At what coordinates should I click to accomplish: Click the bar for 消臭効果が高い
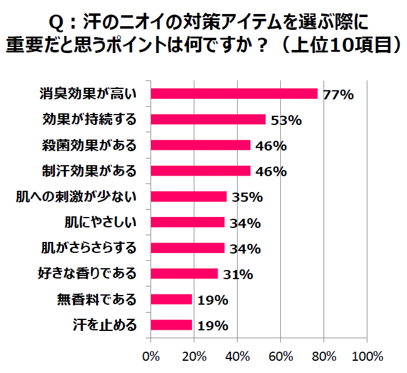click(x=234, y=94)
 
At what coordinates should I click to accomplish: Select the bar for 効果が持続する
click(x=208, y=119)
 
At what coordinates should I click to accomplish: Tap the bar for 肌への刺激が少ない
click(x=188, y=196)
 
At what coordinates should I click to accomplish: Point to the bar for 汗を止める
click(x=171, y=325)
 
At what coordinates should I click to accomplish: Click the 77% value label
click(x=339, y=94)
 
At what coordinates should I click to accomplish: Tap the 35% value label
click(x=247, y=197)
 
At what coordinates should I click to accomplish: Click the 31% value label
click(x=238, y=274)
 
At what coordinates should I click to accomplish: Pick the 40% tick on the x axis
click(x=238, y=356)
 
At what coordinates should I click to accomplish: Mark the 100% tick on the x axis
click(x=367, y=356)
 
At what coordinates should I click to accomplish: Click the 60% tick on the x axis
click(x=281, y=356)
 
